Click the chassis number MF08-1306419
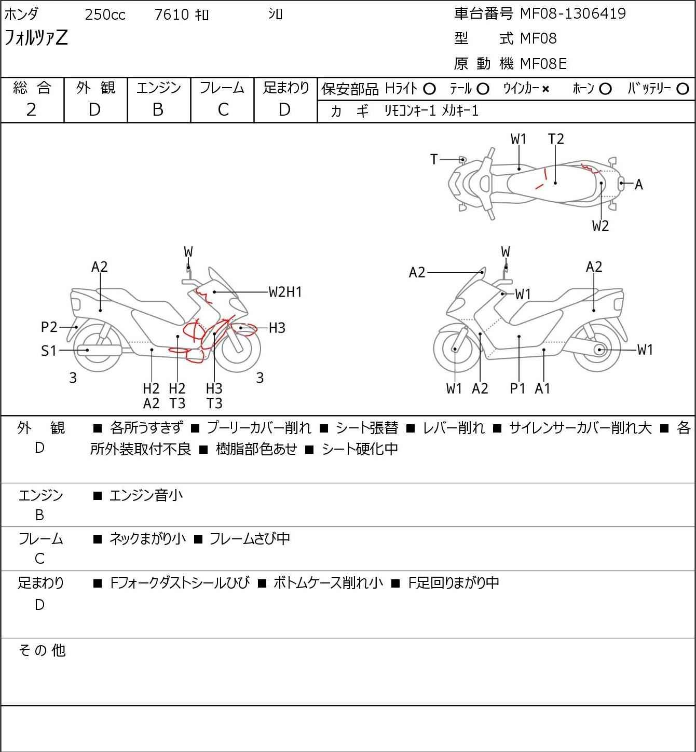point(572,13)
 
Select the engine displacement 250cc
point(105,15)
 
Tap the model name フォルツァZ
point(36,38)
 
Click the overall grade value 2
point(31,109)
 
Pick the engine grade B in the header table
point(158,109)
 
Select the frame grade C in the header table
point(223,109)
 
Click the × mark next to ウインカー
point(545,89)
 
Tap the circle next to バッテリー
point(683,89)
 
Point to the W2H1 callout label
point(285,292)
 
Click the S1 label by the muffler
point(48,351)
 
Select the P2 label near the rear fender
point(49,327)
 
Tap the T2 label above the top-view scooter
point(556,139)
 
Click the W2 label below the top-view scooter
point(601,226)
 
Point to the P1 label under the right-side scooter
point(517,388)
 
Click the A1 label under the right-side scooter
point(542,388)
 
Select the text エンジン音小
point(146,495)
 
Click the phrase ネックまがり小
point(147,539)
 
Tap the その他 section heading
point(42,650)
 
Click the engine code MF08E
point(543,64)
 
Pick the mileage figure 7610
point(171,15)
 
